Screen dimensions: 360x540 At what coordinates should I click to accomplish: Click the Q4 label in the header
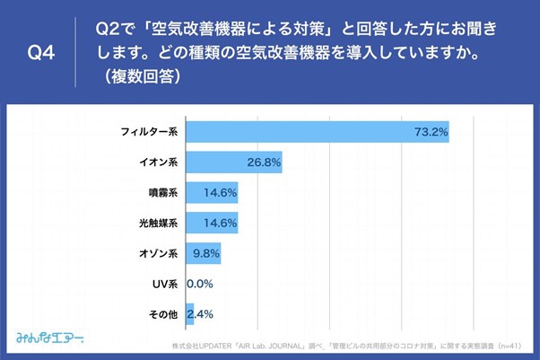(x=41, y=53)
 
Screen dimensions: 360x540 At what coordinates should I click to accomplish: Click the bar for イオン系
(x=233, y=162)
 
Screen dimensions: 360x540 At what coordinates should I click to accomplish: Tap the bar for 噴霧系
(x=212, y=192)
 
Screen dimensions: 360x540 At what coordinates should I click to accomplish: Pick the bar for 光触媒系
(x=212, y=223)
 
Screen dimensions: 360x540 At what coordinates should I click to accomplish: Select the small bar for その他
(x=189, y=314)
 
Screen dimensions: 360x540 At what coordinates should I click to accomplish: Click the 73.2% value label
(x=430, y=132)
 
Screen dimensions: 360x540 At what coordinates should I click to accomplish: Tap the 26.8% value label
(x=264, y=162)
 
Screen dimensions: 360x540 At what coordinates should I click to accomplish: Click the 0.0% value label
(x=200, y=284)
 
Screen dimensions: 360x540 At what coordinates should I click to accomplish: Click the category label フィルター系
(x=150, y=132)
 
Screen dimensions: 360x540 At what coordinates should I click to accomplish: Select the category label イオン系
(x=157, y=162)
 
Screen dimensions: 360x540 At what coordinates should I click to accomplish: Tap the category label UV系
(x=166, y=284)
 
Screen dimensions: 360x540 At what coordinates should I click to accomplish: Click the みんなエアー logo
(x=50, y=338)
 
